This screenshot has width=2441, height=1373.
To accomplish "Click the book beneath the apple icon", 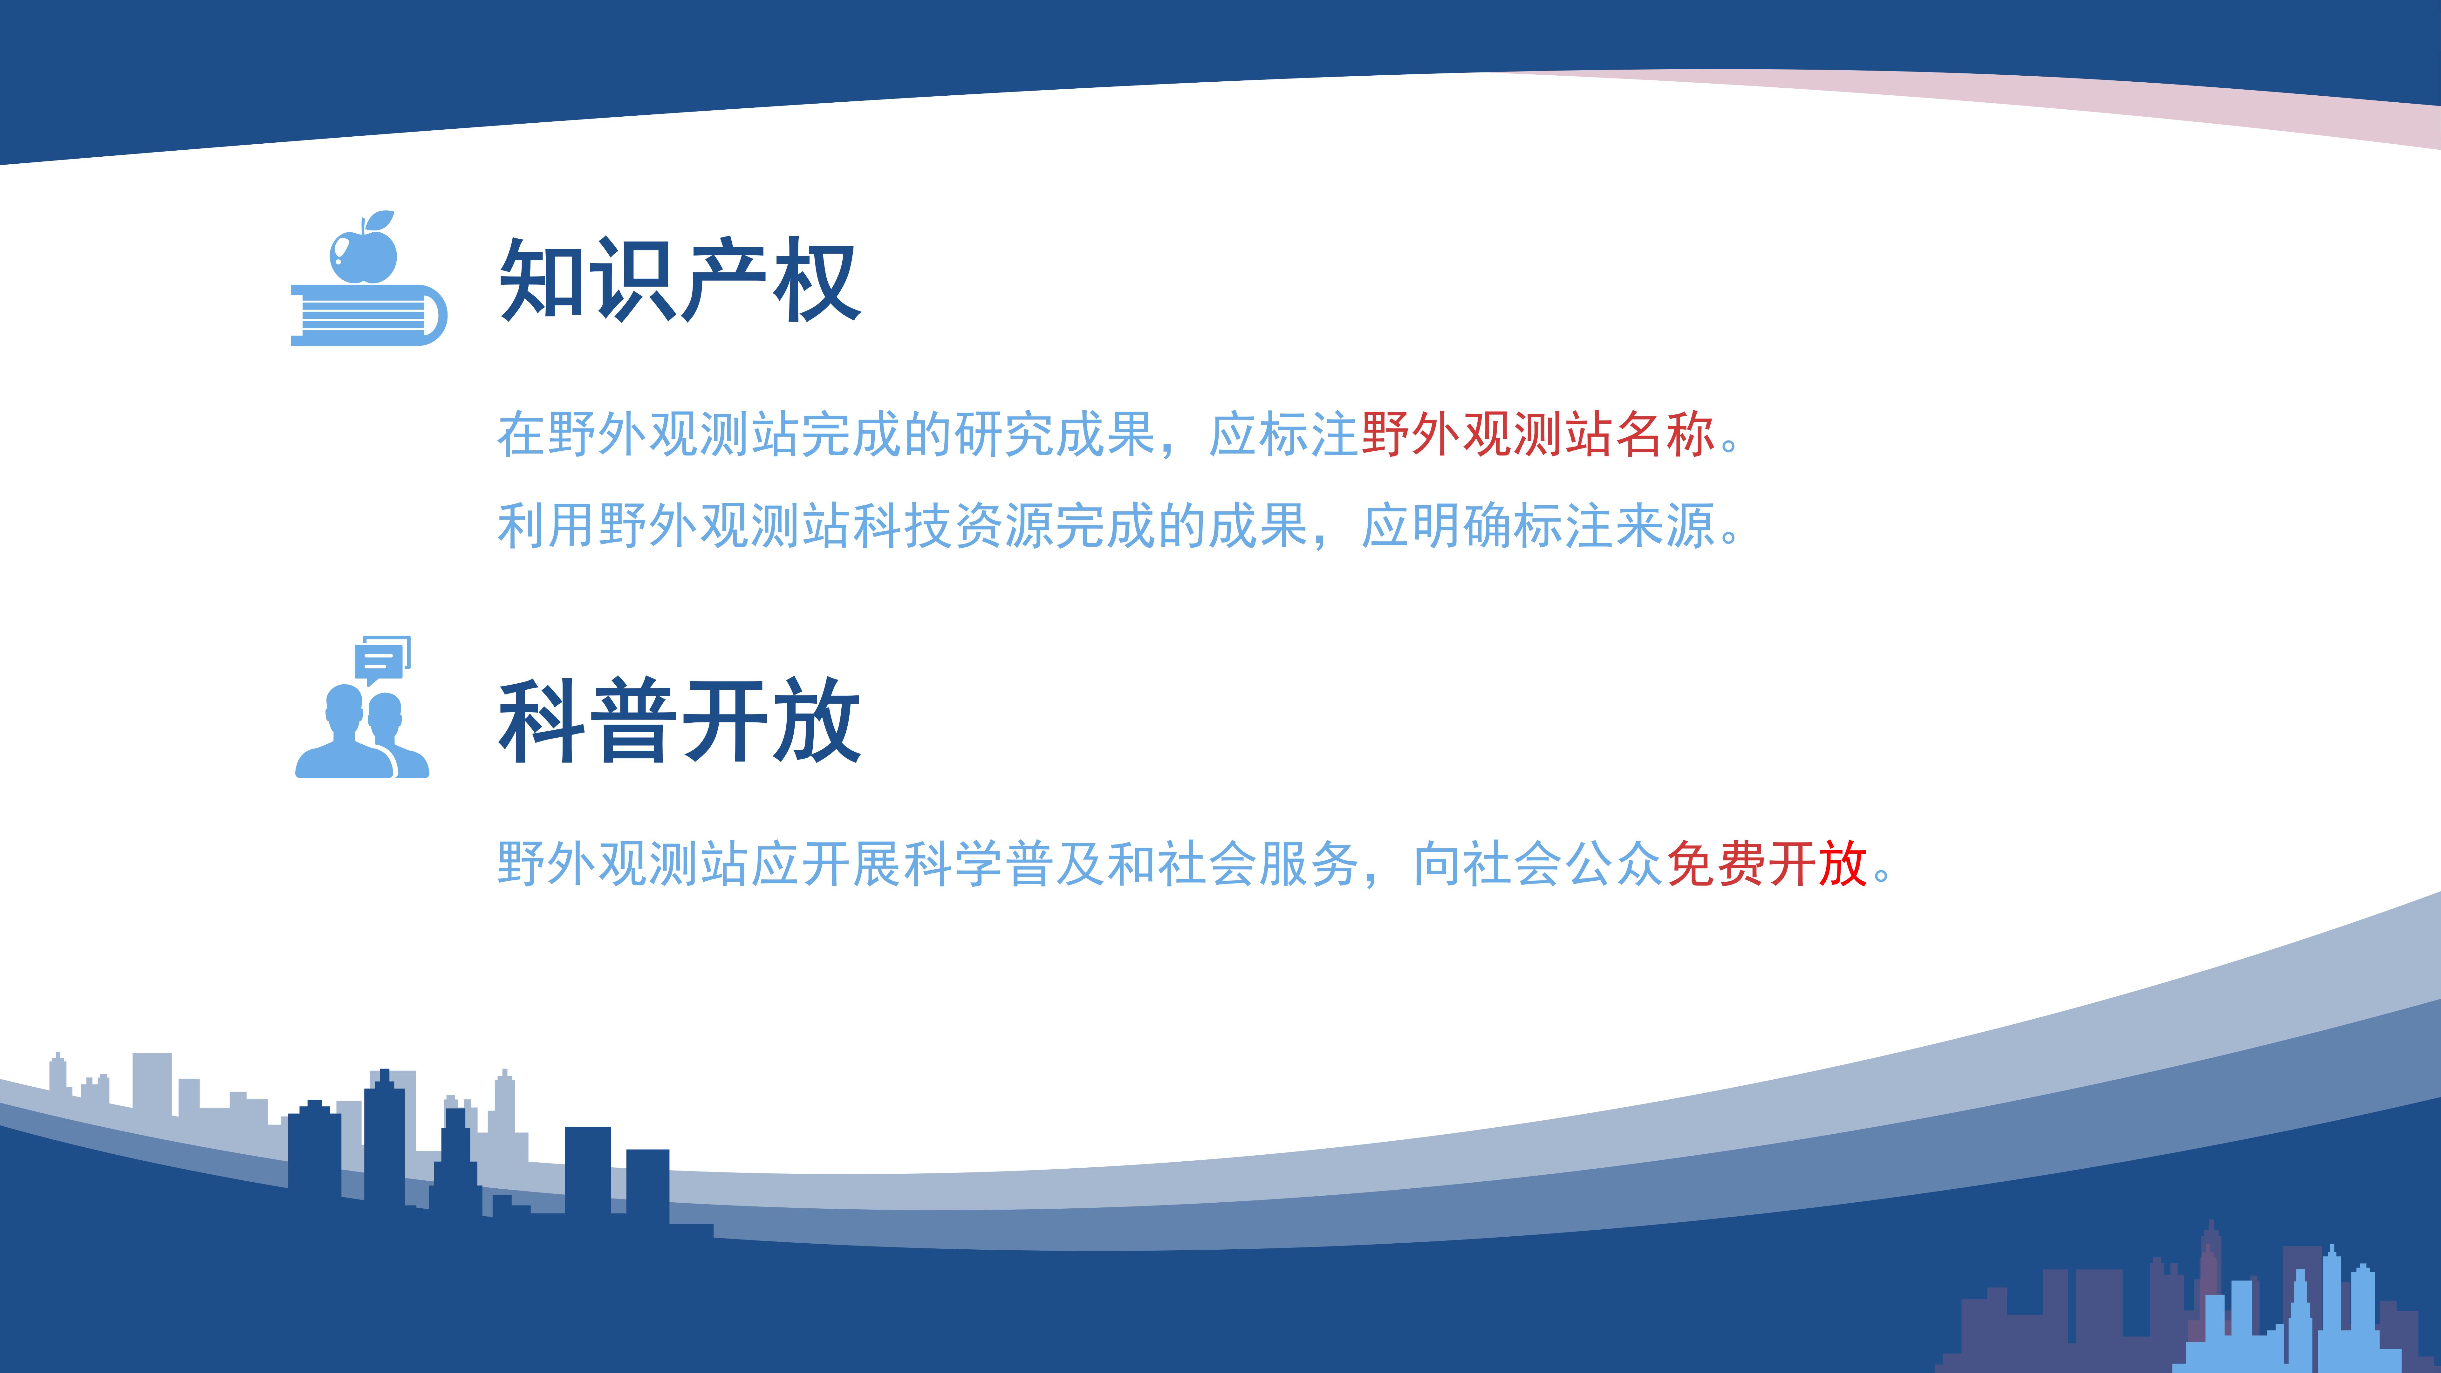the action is (369, 315).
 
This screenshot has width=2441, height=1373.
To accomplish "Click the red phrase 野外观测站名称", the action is (1537, 435).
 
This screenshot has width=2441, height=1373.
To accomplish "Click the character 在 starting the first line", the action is (522, 435).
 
